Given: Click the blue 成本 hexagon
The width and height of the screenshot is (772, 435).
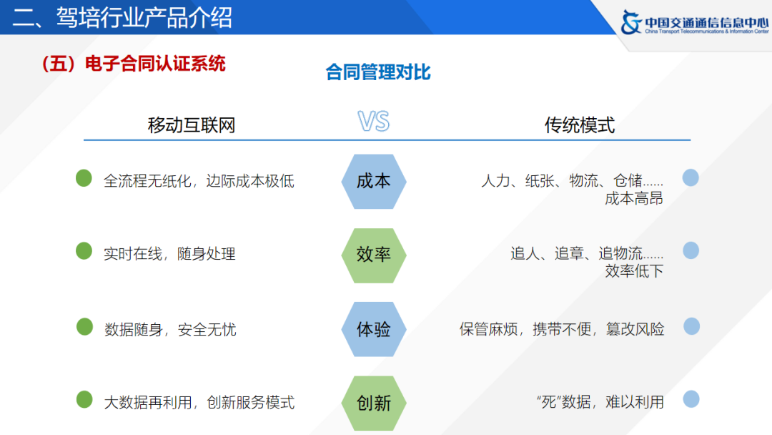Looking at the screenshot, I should coord(373,181).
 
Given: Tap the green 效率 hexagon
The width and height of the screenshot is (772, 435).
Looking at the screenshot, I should coord(373,255).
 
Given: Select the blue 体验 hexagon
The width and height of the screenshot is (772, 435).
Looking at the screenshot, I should coord(373,329).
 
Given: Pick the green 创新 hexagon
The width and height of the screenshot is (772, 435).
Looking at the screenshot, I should coord(373,402).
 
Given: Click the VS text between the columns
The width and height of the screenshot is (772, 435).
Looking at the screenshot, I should coord(374,122).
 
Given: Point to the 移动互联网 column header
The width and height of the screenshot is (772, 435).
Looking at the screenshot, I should coord(192,126).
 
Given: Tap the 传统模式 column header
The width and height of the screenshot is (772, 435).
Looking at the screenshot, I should coord(580,126).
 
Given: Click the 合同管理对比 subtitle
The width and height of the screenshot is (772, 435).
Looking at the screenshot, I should coord(378,73).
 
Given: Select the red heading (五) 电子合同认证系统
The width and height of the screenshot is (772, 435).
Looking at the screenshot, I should coord(134,64).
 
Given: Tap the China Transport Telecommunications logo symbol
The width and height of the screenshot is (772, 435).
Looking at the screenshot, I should coord(632,22).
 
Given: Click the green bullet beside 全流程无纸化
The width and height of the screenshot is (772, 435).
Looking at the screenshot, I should coord(84,178).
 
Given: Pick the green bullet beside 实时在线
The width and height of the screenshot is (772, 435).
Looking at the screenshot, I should coord(84,251).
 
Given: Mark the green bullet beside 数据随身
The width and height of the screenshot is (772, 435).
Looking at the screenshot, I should coord(85,327).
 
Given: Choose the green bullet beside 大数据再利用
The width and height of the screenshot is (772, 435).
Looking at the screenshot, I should coord(84,400).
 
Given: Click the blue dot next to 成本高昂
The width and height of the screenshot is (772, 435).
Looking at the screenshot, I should coord(691,178).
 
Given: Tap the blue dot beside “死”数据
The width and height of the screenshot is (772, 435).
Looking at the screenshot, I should coord(691,399).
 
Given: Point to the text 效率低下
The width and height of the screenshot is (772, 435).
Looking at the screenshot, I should coord(634,271).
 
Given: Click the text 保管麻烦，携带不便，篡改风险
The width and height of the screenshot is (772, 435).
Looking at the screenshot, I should coord(562,329).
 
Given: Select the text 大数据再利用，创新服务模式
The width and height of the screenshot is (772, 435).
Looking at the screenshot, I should coord(199,403).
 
